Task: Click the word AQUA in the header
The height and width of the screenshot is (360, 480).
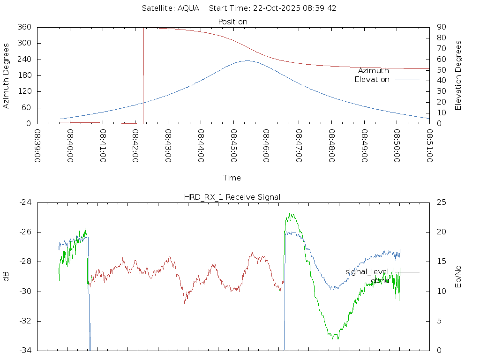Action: tap(188, 8)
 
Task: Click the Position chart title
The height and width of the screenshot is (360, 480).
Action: tap(233, 22)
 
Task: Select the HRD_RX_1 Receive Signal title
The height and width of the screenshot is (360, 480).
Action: tap(232, 197)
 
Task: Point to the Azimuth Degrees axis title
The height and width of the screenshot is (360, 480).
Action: tap(7, 75)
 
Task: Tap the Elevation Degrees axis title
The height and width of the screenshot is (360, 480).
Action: tap(458, 75)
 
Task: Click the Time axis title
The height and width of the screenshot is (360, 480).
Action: tap(232, 178)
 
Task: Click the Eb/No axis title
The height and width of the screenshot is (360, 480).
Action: tap(458, 277)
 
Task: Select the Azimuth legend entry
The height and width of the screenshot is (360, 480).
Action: tap(374, 71)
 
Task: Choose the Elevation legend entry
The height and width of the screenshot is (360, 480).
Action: tap(372, 80)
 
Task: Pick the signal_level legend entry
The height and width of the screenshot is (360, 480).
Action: tap(367, 272)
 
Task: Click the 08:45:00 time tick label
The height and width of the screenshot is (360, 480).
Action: tap(233, 146)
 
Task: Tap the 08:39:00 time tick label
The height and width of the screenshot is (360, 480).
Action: tap(37, 146)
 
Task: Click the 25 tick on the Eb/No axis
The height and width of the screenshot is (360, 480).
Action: tap(441, 202)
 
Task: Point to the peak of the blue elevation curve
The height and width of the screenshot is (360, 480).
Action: tap(247, 60)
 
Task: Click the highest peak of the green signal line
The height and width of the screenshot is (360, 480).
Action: tap(291, 214)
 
